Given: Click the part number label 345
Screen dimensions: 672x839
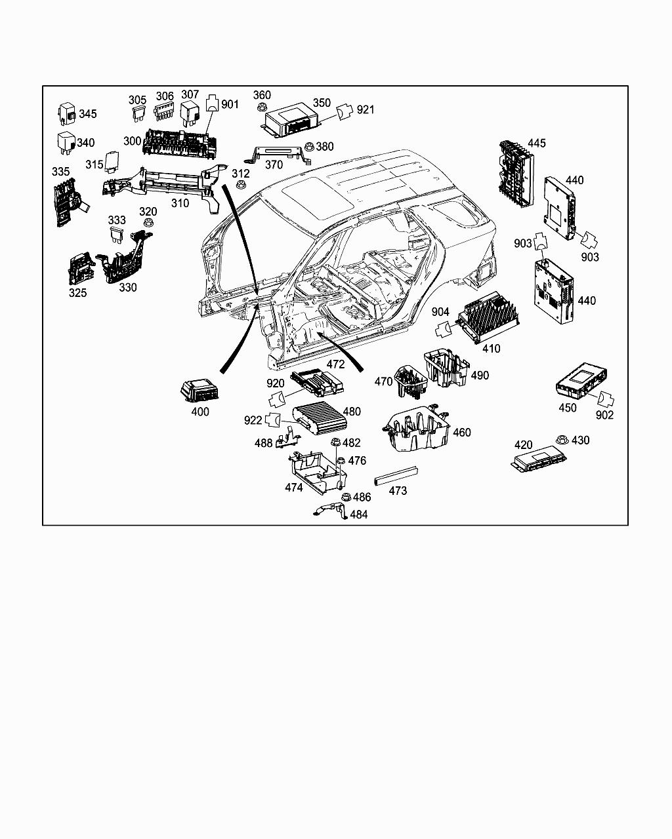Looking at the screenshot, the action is coord(88,114).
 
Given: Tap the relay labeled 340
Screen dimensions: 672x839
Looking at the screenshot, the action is coord(66,143).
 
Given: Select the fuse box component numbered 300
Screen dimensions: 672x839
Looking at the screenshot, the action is coord(180,143).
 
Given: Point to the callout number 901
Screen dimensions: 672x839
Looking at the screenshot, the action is coord(230,104).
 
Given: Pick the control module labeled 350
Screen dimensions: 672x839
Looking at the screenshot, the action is coord(291,120).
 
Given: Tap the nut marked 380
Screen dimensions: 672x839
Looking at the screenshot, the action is coord(309,147).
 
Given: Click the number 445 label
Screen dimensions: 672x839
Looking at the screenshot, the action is coord(537,143).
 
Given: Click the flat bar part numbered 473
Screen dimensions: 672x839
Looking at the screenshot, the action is coord(396,476).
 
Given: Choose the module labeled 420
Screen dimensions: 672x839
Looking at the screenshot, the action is coord(539,458).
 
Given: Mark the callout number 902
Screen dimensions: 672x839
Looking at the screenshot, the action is coord(604,415).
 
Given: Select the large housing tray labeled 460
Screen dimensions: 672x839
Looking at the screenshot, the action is coord(416,429).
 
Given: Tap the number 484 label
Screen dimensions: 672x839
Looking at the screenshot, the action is coord(359,515).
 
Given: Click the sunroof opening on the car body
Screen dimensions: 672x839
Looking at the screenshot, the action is coord(316,195).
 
